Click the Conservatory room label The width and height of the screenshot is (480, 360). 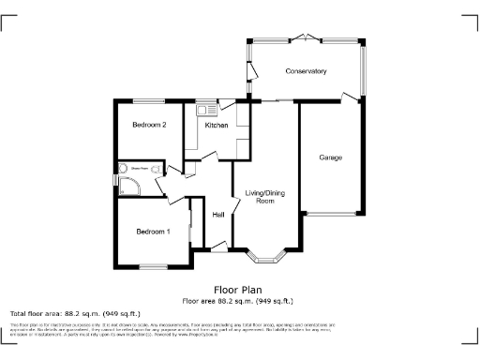click(x=307, y=71)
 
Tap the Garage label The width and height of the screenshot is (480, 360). click(x=329, y=157)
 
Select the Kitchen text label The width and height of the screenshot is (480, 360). click(x=217, y=126)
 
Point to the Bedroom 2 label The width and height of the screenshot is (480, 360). click(x=149, y=125)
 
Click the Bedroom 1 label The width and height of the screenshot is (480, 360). click(x=153, y=232)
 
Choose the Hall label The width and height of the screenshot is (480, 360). click(x=217, y=216)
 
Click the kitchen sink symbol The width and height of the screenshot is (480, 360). click(x=202, y=111)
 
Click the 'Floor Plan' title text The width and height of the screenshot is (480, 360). click(x=238, y=291)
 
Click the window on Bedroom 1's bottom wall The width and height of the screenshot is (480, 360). click(x=153, y=268)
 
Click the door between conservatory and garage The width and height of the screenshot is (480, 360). click(x=351, y=96)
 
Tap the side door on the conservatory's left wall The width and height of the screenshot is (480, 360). click(x=250, y=73)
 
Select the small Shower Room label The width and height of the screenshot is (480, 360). click(x=141, y=170)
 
